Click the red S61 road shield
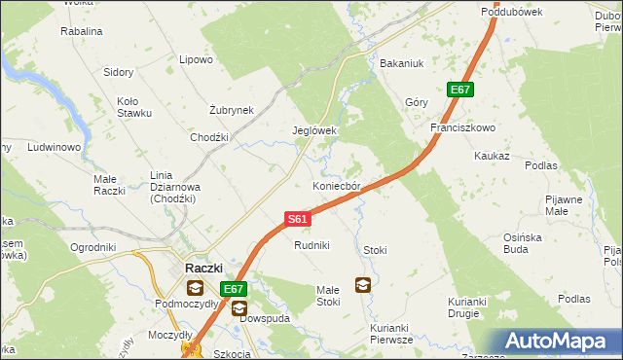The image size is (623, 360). tap(299, 220)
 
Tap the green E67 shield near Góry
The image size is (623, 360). tap(460, 90)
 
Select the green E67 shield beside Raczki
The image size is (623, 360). tap(233, 289)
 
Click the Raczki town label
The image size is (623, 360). tap(203, 268)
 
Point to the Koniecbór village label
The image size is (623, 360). tap(337, 186)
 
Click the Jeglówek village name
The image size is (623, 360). tap(314, 130)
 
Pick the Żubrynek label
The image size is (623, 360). tap(232, 110)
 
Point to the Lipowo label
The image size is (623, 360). tap(196, 59)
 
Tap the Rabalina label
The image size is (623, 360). tap(82, 31)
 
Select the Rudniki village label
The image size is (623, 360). tap(312, 245)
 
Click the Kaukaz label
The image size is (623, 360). tap(492, 156)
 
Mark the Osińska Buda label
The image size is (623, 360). tap(529, 242)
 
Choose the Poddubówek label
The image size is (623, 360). tap(511, 12)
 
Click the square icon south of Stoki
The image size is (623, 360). tap(362, 285)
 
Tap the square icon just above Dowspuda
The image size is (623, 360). tap(239, 308)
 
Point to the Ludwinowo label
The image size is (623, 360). tap(54, 148)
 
